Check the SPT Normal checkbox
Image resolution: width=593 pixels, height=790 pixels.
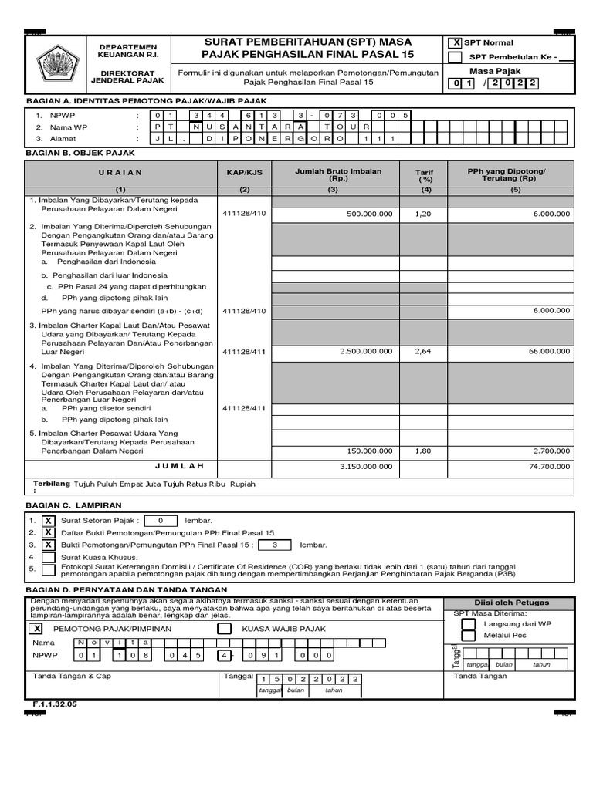[456, 43]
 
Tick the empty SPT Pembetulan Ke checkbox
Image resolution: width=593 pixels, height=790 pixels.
[456, 57]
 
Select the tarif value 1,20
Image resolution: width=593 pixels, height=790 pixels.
[423, 214]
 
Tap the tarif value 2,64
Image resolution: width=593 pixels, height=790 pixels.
[423, 351]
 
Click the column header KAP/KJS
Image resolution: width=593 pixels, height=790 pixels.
[244, 174]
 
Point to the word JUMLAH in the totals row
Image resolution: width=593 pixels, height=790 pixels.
[179, 465]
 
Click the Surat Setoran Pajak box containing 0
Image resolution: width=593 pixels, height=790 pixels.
[160, 521]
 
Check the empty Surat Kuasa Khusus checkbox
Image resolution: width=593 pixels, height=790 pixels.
[48, 557]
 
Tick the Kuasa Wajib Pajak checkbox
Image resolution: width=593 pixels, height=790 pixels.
[225, 629]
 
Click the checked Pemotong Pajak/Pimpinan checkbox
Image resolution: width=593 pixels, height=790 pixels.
[38, 629]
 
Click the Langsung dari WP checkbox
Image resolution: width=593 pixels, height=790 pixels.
[470, 623]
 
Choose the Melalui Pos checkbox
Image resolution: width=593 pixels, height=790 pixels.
[470, 636]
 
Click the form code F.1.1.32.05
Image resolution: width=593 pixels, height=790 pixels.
[55, 704]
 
